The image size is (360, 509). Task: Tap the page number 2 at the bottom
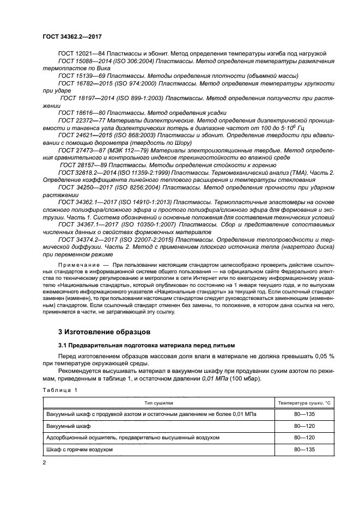tap(45, 462)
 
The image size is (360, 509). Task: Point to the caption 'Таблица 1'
tap(60, 390)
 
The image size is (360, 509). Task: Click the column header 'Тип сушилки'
tap(158, 403)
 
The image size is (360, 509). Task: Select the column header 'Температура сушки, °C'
tap(304, 403)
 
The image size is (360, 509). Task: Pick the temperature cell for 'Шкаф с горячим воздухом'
tap(304, 449)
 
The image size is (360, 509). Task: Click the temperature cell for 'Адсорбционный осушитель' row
tap(304, 438)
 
